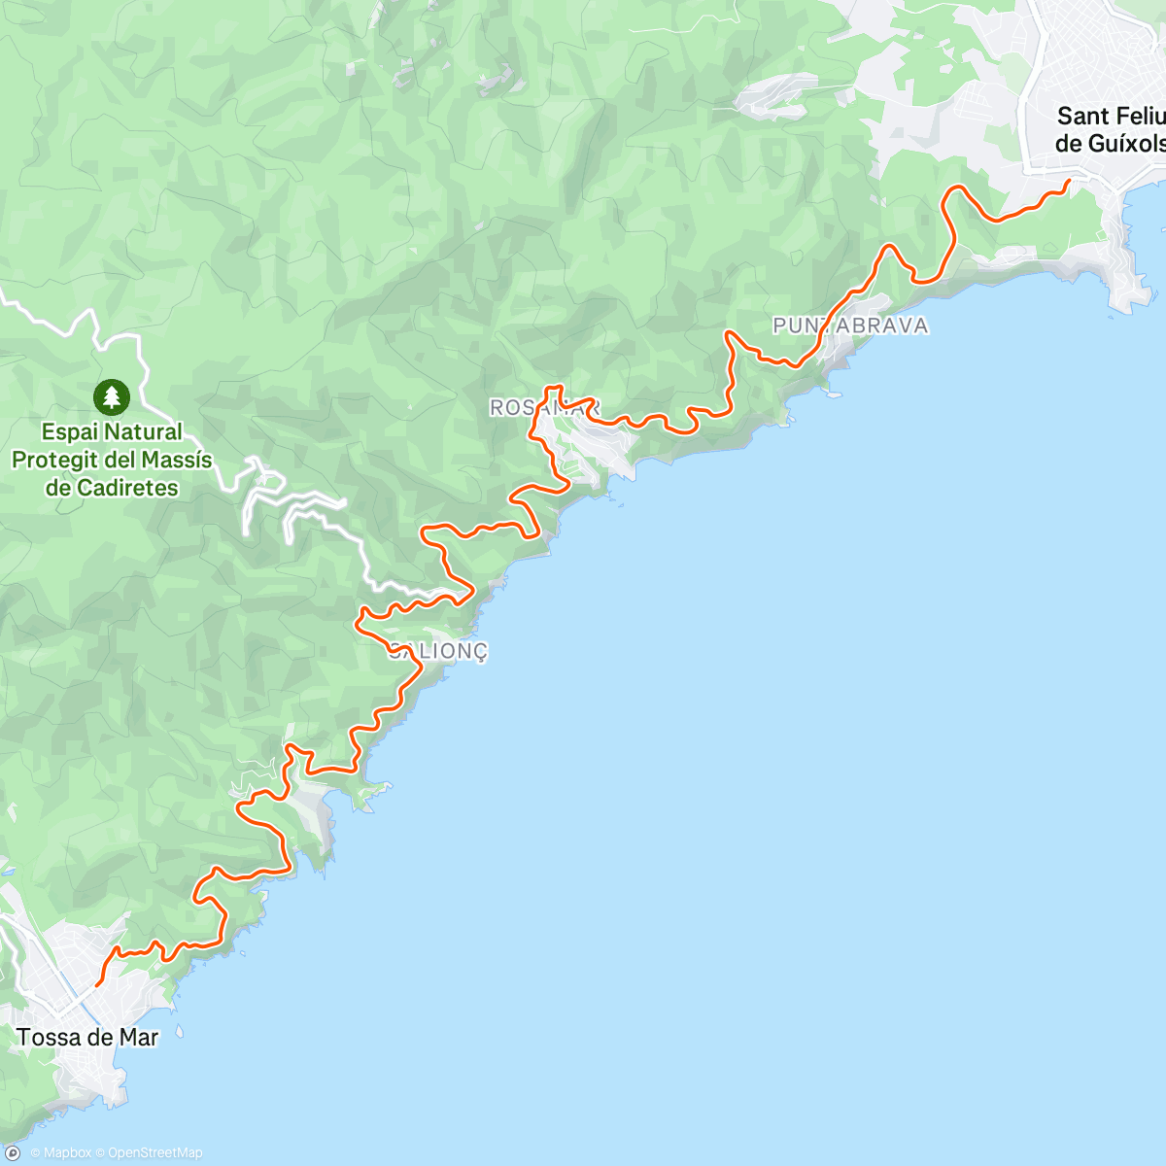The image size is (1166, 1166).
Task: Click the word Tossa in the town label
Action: [48, 1038]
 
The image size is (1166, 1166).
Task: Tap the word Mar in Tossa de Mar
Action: [138, 1038]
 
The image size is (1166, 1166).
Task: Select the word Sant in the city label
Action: [1082, 117]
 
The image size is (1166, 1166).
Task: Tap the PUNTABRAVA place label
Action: [850, 326]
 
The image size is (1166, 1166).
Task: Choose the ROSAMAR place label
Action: [545, 408]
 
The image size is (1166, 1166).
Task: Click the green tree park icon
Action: [112, 396]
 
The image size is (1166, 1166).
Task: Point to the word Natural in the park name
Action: [145, 432]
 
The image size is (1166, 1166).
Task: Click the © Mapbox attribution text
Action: [60, 1153]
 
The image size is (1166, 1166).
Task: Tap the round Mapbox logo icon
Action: [13, 1153]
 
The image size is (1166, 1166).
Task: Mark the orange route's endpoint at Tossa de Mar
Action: [96, 985]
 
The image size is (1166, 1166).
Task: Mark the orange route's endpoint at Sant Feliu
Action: [1070, 180]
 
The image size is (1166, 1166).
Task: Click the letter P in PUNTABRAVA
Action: [779, 326]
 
